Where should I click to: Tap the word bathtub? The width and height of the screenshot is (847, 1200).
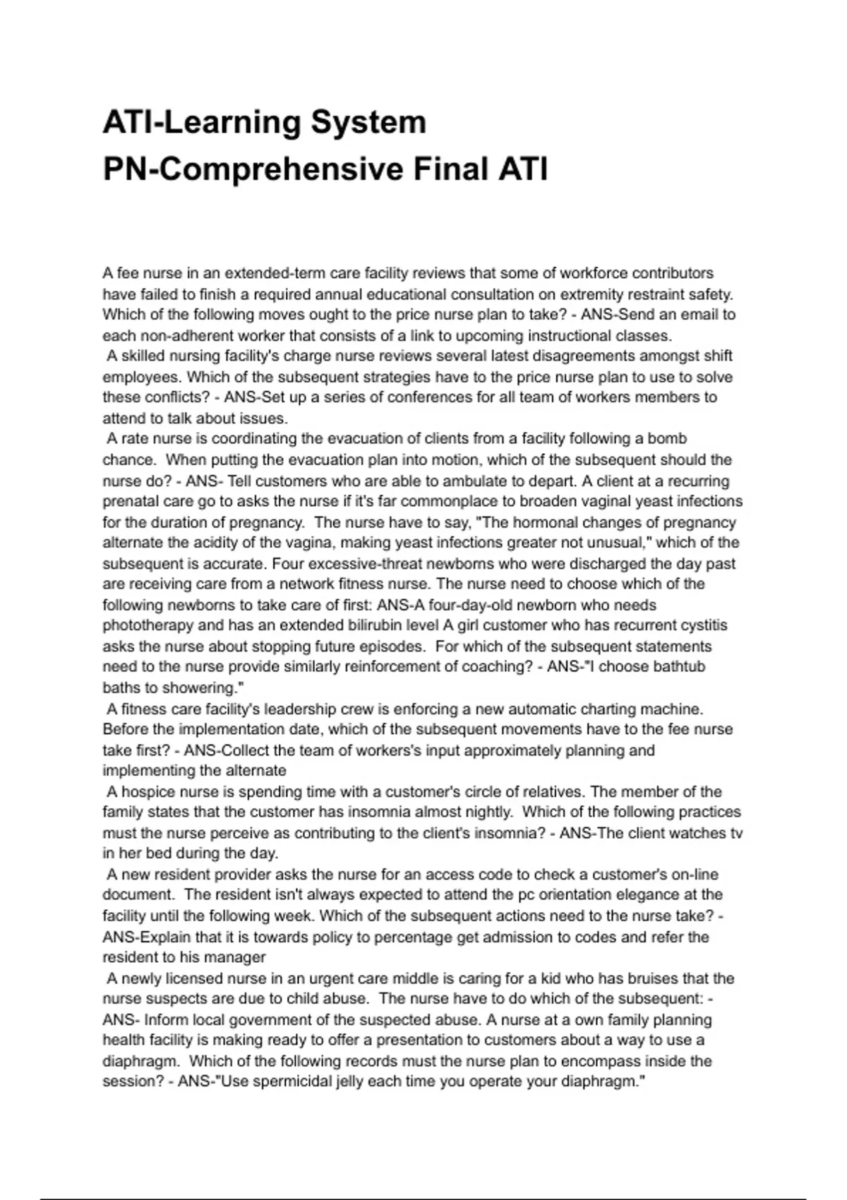(678, 666)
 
